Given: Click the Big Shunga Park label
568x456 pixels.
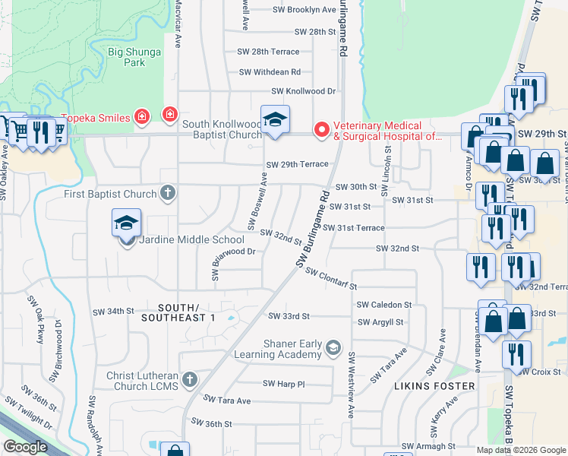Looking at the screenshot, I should point(126,57).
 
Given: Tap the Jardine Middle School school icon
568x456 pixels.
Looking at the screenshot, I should point(127,223).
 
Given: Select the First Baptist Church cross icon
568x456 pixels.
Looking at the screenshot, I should point(169,193).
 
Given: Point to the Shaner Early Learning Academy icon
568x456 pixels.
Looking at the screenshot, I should point(333,349).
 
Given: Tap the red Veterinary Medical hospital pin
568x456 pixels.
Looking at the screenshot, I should point(322,131).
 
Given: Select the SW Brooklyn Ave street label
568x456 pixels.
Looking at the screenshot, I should point(305,10).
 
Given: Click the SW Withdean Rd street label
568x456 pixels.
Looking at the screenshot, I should point(270,71).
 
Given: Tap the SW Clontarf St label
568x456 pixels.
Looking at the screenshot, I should point(331,279).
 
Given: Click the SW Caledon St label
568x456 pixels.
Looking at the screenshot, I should point(384,305).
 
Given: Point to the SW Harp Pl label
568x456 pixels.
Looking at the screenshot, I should point(283,384).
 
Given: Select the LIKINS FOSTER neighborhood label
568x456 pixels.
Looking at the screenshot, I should point(434,386).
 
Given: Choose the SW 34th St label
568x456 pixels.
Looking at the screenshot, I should point(112,312).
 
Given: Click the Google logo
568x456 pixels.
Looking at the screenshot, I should point(26,447).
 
